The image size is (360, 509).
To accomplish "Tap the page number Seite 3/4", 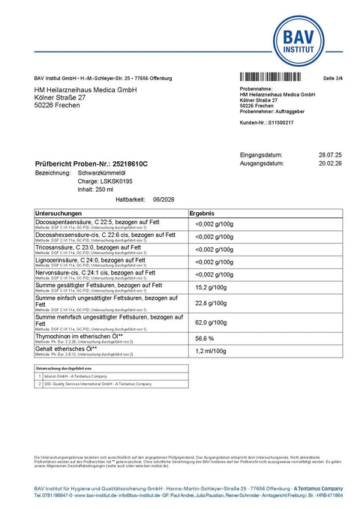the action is (332, 78).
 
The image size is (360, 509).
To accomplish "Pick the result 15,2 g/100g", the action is (214, 286).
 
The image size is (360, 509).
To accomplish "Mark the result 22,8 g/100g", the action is (214, 303).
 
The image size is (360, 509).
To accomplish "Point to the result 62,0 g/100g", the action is (214, 322).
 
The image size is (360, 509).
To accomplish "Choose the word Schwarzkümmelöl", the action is (104, 172).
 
